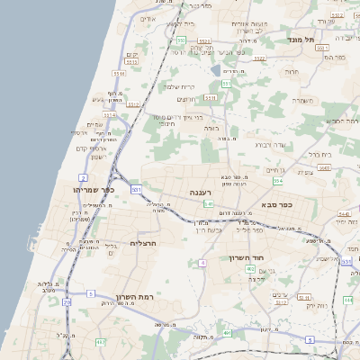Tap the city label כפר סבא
282,204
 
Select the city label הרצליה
143,243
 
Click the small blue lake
216,69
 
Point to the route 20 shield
67,302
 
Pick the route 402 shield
249,268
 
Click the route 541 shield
207,204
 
